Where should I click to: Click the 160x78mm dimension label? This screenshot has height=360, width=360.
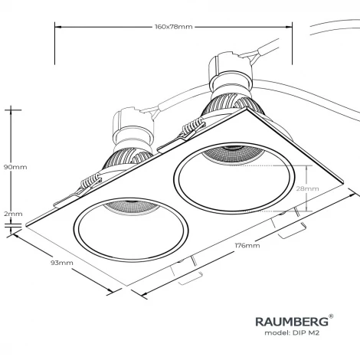tap(172, 26)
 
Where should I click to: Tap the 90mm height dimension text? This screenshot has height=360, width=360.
tap(15, 166)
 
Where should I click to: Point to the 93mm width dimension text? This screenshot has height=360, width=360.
tap(61, 263)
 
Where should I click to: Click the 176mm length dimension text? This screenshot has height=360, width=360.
tap(247, 246)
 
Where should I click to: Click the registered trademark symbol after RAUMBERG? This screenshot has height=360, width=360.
tap(330, 314)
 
